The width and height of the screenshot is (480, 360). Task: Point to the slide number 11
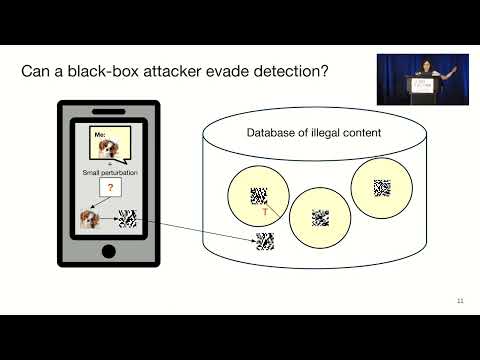(x=460, y=301)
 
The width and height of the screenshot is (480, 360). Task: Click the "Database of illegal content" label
(x=307, y=133)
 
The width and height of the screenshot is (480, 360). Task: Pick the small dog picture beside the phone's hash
(x=89, y=219)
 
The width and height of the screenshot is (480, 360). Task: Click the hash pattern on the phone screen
(x=127, y=219)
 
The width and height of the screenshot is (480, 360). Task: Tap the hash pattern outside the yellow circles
(x=265, y=241)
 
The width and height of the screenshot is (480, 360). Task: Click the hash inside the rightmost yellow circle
(x=381, y=186)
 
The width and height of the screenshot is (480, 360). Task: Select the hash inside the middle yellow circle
(x=320, y=216)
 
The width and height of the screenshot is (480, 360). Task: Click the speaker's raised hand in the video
(x=455, y=68)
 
